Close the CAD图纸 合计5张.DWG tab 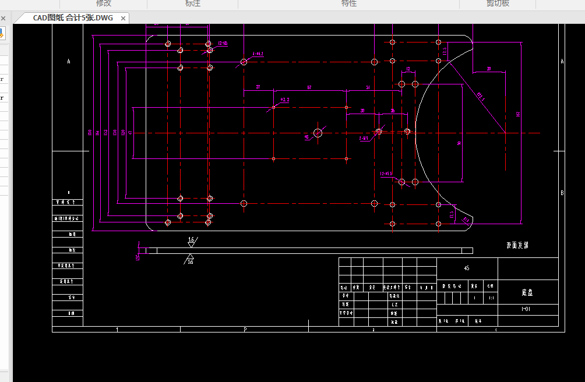123,18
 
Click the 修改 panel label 103,3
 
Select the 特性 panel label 348,3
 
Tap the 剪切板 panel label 498,3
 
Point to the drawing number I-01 526,310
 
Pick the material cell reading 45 466,268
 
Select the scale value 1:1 491,298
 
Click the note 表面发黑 517,246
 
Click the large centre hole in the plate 318,133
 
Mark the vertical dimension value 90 459,143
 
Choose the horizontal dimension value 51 368,87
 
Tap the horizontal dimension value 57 309,87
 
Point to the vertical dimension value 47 130,133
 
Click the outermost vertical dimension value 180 89,133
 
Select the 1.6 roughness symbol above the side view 191,240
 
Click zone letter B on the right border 562,192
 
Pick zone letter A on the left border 69,61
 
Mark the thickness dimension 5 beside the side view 136,256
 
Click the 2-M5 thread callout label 365,138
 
